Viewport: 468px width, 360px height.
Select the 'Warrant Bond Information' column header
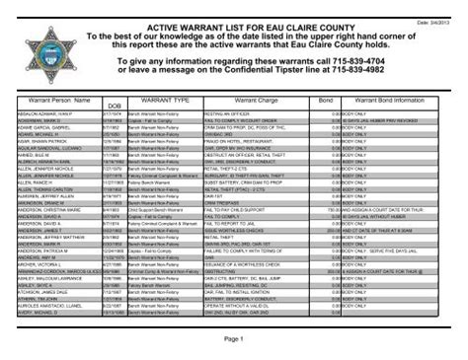(x=390, y=100)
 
